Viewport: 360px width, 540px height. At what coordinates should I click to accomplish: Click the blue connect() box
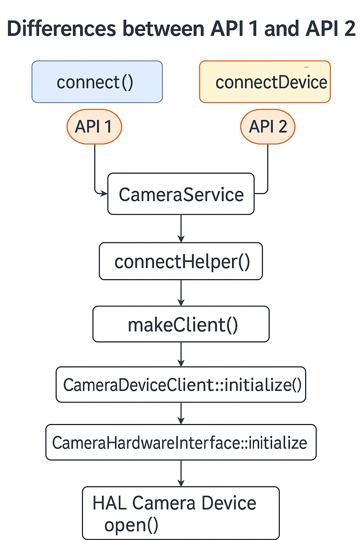[x=97, y=82]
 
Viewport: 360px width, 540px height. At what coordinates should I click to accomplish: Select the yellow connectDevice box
[x=265, y=82]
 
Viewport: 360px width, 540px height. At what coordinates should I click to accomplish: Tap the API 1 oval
[x=94, y=127]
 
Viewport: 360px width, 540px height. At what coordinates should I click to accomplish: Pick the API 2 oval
[x=268, y=127]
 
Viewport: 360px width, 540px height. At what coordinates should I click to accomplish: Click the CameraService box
[x=181, y=194]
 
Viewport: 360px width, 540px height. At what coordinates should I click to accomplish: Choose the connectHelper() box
[x=181, y=262]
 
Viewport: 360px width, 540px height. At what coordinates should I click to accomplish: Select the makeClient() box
[x=181, y=324]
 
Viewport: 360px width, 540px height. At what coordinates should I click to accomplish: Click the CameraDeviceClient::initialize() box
[x=181, y=385]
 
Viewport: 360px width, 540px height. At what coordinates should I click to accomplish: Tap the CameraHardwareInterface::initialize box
[x=181, y=442]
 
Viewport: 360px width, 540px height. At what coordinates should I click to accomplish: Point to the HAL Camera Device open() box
[x=181, y=513]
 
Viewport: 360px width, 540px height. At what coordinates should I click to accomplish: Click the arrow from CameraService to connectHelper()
[x=181, y=229]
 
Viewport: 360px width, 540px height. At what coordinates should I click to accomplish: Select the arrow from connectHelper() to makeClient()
[x=181, y=293]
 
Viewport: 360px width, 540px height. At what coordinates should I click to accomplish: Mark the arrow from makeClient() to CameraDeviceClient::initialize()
[x=181, y=354]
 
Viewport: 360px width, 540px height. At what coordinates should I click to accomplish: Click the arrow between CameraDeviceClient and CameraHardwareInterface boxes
[x=181, y=413]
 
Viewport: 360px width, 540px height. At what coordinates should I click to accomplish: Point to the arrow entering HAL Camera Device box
[x=181, y=473]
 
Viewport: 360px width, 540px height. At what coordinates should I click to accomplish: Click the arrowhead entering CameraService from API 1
[x=104, y=193]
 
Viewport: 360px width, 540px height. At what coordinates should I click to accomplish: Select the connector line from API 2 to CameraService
[x=268, y=169]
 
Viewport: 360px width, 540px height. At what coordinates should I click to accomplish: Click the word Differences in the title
[x=62, y=29]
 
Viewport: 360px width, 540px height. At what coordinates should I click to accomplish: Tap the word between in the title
[x=163, y=29]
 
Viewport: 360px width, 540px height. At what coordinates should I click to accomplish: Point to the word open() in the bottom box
[x=131, y=525]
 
